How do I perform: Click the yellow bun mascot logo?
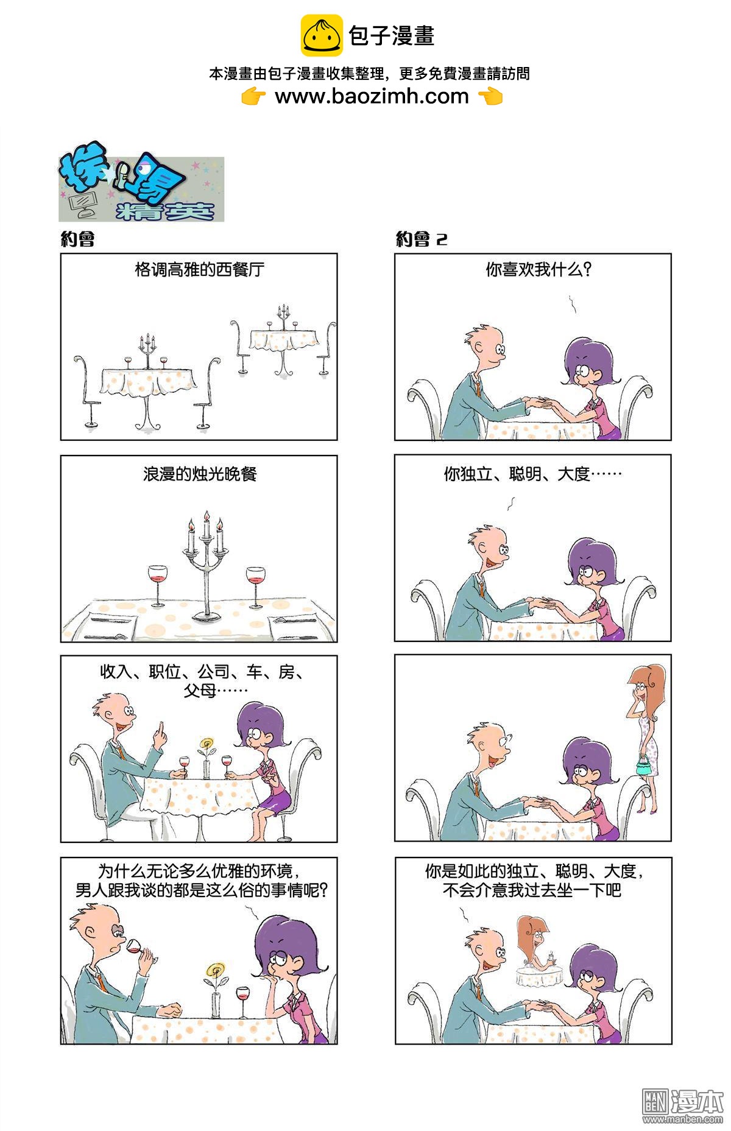322,35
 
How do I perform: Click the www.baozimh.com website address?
372,96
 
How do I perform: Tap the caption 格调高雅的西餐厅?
200,269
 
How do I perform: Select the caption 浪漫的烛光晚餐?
200,473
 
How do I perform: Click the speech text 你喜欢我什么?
539,269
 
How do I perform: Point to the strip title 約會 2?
422,239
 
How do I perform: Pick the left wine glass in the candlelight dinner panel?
157,585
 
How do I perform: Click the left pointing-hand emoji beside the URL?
253,96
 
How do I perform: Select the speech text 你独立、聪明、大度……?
532,473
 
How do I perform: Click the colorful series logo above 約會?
141,189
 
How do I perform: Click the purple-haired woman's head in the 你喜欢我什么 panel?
590,362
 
